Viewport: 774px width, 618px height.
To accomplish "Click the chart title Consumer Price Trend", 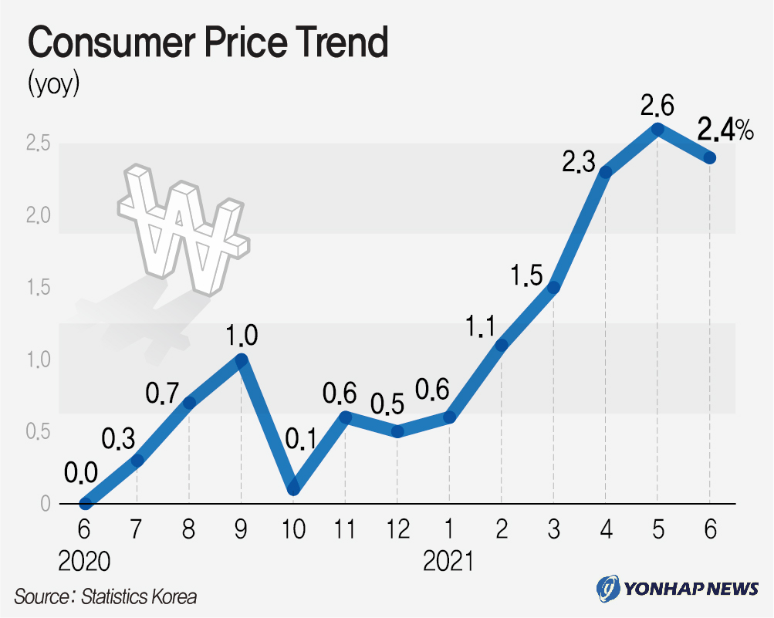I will coord(207,44).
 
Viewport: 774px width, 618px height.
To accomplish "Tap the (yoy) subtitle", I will coord(53,83).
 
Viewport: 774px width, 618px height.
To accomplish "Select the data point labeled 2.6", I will coord(657,130).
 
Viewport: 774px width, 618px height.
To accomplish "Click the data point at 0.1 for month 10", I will coord(292,489).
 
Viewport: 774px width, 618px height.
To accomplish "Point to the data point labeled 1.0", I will coord(241,360).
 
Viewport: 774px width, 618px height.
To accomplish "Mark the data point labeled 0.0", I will coord(85,504).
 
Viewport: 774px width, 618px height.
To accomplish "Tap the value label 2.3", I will coord(578,163).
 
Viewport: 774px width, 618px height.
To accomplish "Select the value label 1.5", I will coord(526,275).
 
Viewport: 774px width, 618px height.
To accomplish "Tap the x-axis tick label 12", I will coord(397,530).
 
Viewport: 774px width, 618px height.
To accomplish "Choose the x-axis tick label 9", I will coord(241,530).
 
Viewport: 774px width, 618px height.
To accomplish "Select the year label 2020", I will coord(84,562).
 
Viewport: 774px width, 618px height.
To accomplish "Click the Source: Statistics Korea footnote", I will coord(105,596).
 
